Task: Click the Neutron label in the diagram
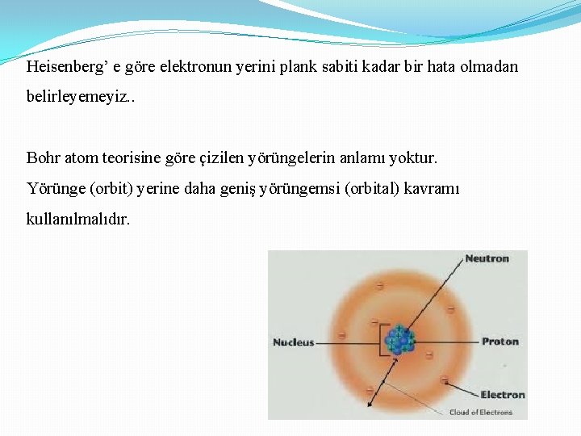[x=487, y=258]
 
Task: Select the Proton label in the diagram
[x=499, y=342]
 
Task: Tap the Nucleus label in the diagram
[x=294, y=342]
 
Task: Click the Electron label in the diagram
[x=502, y=395]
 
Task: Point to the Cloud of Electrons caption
[x=481, y=412]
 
